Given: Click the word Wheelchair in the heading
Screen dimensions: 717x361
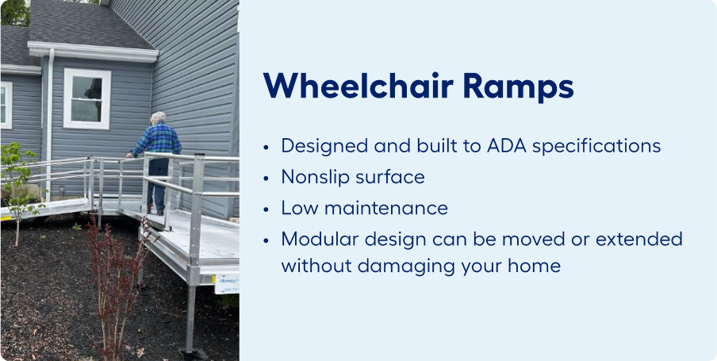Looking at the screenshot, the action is click(x=358, y=86).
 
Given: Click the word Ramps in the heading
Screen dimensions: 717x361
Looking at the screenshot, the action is click(x=518, y=87).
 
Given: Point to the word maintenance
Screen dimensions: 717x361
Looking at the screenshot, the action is click(x=386, y=208).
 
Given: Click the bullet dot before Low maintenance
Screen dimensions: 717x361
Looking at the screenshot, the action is click(x=266, y=209).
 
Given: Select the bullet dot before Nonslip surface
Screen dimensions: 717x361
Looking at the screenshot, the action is click(x=266, y=179).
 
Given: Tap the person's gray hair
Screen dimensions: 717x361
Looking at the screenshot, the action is click(x=159, y=117).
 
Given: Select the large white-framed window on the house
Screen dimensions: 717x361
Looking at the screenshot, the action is click(x=87, y=98).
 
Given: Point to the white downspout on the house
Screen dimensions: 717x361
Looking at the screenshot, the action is click(x=49, y=124).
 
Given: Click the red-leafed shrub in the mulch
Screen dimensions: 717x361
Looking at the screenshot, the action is click(x=117, y=284).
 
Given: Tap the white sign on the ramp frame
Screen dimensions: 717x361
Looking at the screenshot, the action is click(x=227, y=284).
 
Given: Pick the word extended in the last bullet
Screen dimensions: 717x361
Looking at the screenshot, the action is click(x=640, y=238).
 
